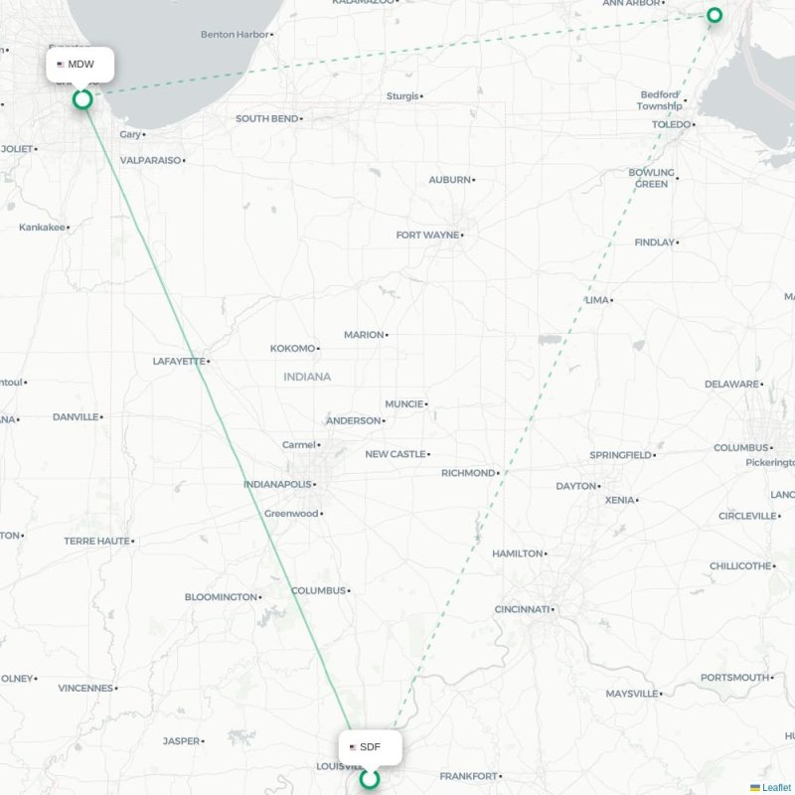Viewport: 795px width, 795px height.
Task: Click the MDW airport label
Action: [80, 65]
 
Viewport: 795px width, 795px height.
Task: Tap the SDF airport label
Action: [370, 746]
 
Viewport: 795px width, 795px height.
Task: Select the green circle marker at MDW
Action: [82, 98]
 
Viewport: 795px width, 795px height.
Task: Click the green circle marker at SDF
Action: [370, 779]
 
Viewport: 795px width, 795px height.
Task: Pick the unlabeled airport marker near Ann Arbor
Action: [715, 15]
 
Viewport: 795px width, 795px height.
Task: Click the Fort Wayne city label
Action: [427, 236]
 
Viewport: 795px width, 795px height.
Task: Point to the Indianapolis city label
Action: [277, 485]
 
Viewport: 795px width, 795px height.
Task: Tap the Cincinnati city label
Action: [522, 609]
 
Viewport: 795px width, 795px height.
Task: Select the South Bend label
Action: [266, 119]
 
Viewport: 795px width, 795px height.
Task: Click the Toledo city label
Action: [671, 124]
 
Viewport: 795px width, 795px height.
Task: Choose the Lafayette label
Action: [179, 362]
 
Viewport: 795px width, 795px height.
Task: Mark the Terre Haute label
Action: [96, 542]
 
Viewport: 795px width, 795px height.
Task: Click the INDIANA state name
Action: [307, 377]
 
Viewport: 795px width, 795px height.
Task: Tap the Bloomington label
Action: [221, 597]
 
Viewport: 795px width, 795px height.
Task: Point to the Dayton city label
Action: [575, 486]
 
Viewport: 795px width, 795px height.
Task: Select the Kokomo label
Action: [292, 349]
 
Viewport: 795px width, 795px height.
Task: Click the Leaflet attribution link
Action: [776, 788]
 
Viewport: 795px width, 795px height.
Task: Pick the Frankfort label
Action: [467, 776]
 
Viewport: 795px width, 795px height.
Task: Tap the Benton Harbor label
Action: [235, 35]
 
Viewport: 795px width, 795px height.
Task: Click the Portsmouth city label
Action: [735, 678]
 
